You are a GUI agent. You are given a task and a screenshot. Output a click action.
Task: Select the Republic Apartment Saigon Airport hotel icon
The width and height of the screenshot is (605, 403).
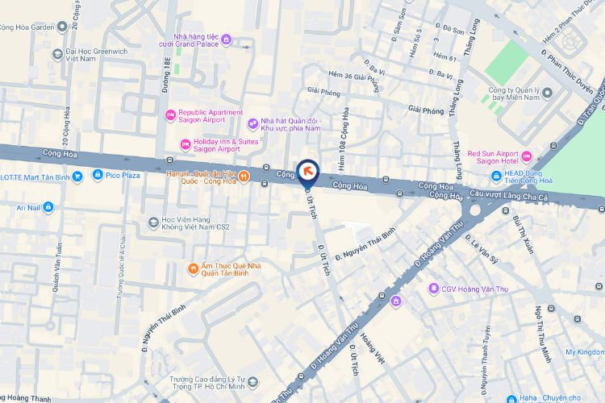pyautogui.click(x=170, y=116)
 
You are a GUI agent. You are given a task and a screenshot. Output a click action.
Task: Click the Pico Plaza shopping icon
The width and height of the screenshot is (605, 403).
pyautogui.click(x=98, y=174)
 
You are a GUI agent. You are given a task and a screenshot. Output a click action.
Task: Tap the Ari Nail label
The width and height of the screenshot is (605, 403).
pyautogui.click(x=22, y=207)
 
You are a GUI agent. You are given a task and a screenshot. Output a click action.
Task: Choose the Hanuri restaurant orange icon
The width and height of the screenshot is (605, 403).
pyautogui.click(x=244, y=177)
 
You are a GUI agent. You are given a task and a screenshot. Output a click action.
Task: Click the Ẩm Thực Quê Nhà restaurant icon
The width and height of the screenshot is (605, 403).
pyautogui.click(x=193, y=268)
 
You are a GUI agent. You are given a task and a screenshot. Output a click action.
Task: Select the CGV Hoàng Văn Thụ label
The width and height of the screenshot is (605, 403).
pyautogui.click(x=466, y=289)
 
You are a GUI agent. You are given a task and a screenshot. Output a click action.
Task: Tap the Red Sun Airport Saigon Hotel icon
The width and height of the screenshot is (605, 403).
pyautogui.click(x=527, y=156)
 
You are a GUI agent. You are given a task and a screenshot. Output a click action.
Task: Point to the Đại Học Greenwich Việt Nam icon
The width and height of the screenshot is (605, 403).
pyautogui.click(x=57, y=54)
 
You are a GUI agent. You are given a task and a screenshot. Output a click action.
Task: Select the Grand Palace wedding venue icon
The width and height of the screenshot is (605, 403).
pyautogui.click(x=226, y=39)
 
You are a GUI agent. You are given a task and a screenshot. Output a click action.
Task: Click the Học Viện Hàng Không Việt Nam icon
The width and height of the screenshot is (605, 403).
pyautogui.click(x=153, y=222)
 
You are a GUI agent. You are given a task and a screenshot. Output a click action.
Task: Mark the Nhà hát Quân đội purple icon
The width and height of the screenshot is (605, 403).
pyautogui.click(x=252, y=123)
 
